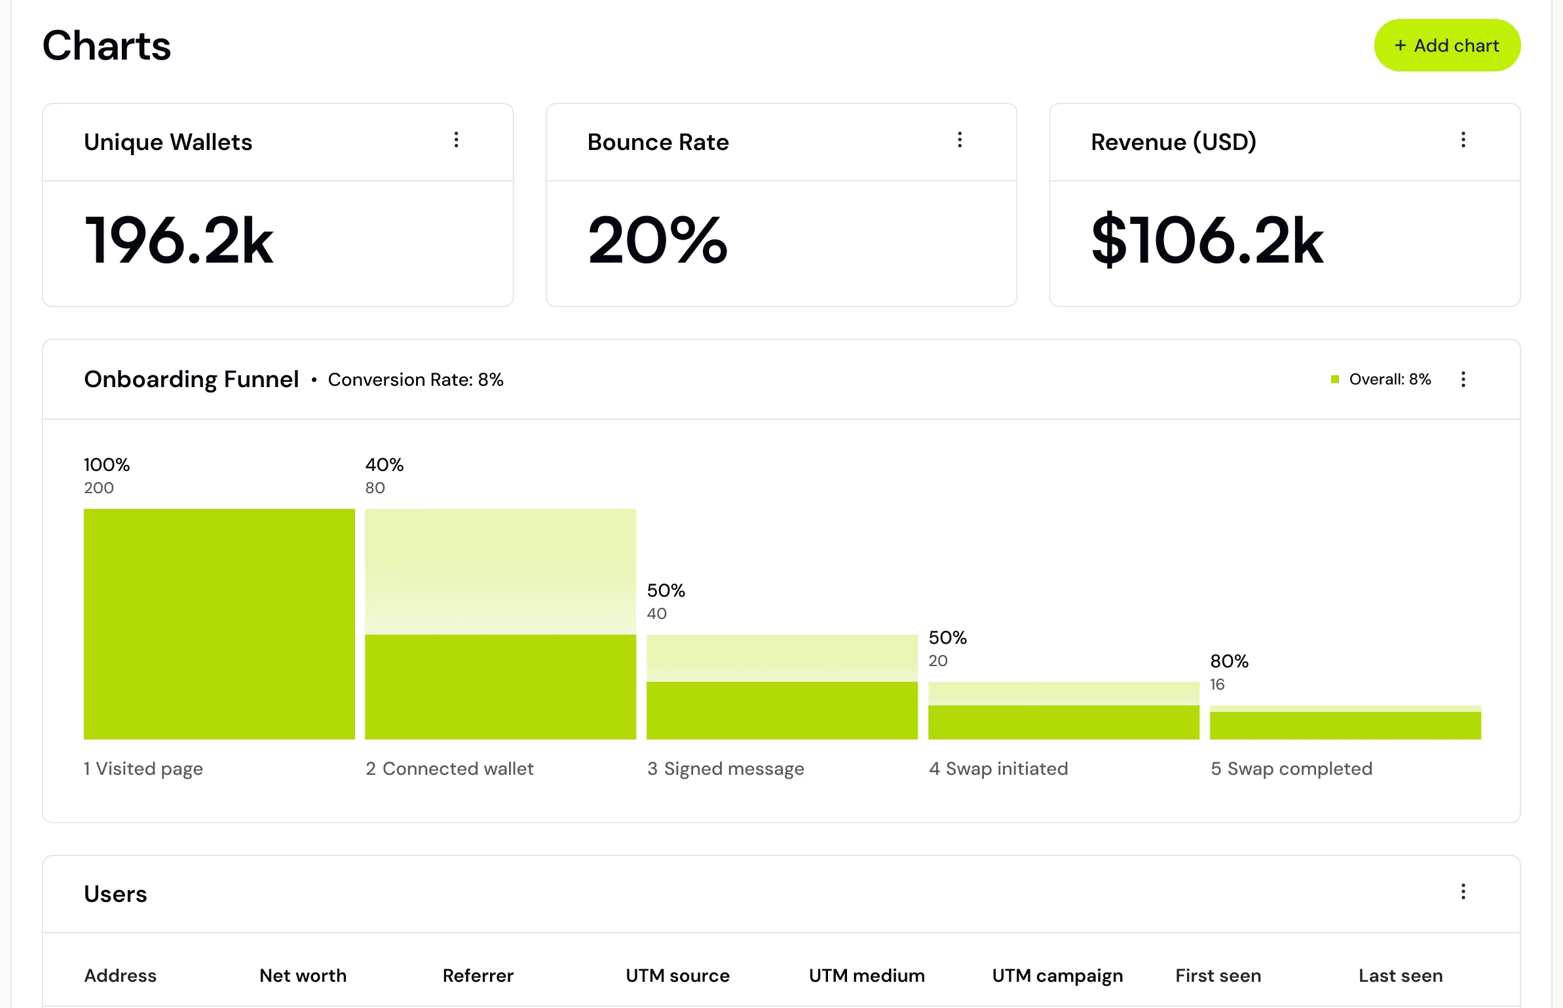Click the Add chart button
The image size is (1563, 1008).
click(1447, 45)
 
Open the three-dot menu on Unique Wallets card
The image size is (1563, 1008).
click(457, 140)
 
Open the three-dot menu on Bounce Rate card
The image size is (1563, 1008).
click(960, 140)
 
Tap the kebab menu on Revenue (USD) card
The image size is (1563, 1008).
click(1463, 140)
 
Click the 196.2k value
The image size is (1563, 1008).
click(179, 240)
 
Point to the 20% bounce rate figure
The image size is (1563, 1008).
click(658, 240)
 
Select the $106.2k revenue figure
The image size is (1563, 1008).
click(1207, 240)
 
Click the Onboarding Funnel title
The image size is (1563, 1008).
click(191, 379)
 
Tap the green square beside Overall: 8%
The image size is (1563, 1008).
click(1335, 379)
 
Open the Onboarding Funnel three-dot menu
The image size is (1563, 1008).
click(1463, 379)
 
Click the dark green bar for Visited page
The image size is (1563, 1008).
click(219, 624)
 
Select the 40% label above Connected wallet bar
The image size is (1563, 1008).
click(385, 464)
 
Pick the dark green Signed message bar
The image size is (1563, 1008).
click(782, 711)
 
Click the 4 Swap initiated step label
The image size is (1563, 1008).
click(998, 768)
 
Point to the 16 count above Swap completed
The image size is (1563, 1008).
click(1217, 684)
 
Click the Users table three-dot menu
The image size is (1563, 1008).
click(1463, 891)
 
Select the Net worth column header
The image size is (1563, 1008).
click(303, 975)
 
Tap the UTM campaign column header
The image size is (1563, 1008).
click(1057, 976)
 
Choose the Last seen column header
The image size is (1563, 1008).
click(1401, 975)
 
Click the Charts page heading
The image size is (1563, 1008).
click(107, 45)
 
